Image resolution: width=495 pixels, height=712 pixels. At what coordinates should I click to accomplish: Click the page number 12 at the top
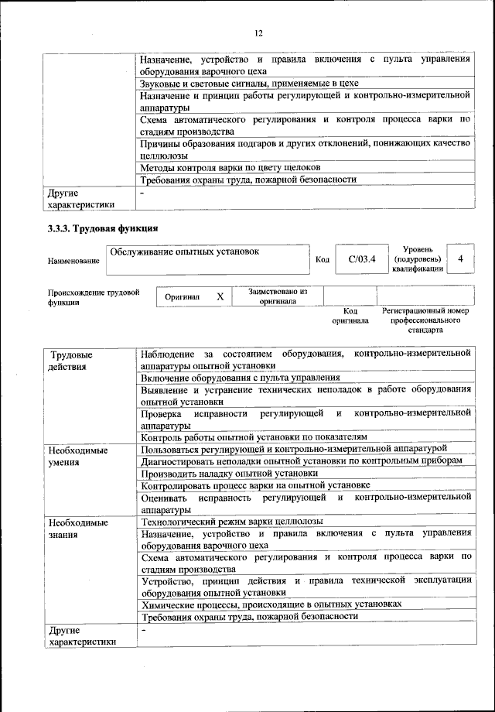click(258, 33)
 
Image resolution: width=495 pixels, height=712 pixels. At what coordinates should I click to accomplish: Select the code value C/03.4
click(361, 259)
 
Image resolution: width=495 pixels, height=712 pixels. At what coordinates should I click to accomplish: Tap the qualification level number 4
click(461, 259)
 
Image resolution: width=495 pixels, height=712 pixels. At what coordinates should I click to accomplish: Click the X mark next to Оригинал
click(220, 296)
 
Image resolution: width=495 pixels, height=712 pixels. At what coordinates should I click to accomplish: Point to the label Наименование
click(73, 261)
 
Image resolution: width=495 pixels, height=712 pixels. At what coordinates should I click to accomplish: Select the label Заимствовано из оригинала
click(278, 296)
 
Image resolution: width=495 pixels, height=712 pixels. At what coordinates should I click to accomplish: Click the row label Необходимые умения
click(77, 455)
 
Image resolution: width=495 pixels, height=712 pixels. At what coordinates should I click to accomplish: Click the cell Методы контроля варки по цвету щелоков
click(230, 167)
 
